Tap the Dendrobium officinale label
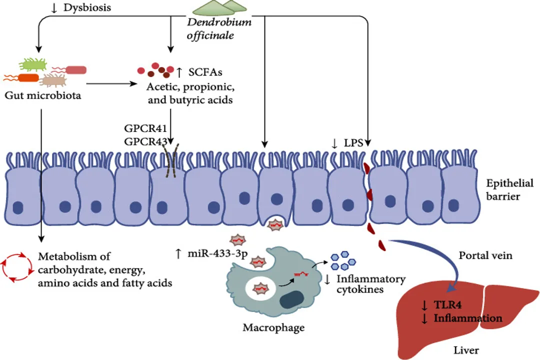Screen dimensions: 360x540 pos(219,29)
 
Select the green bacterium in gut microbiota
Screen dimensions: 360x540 pos(34,64)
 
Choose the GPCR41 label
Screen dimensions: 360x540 pos(145,129)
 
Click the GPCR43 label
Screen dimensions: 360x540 pos(145,142)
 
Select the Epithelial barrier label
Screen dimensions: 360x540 pos(509,189)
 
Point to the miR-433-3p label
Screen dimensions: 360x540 pos(216,254)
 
